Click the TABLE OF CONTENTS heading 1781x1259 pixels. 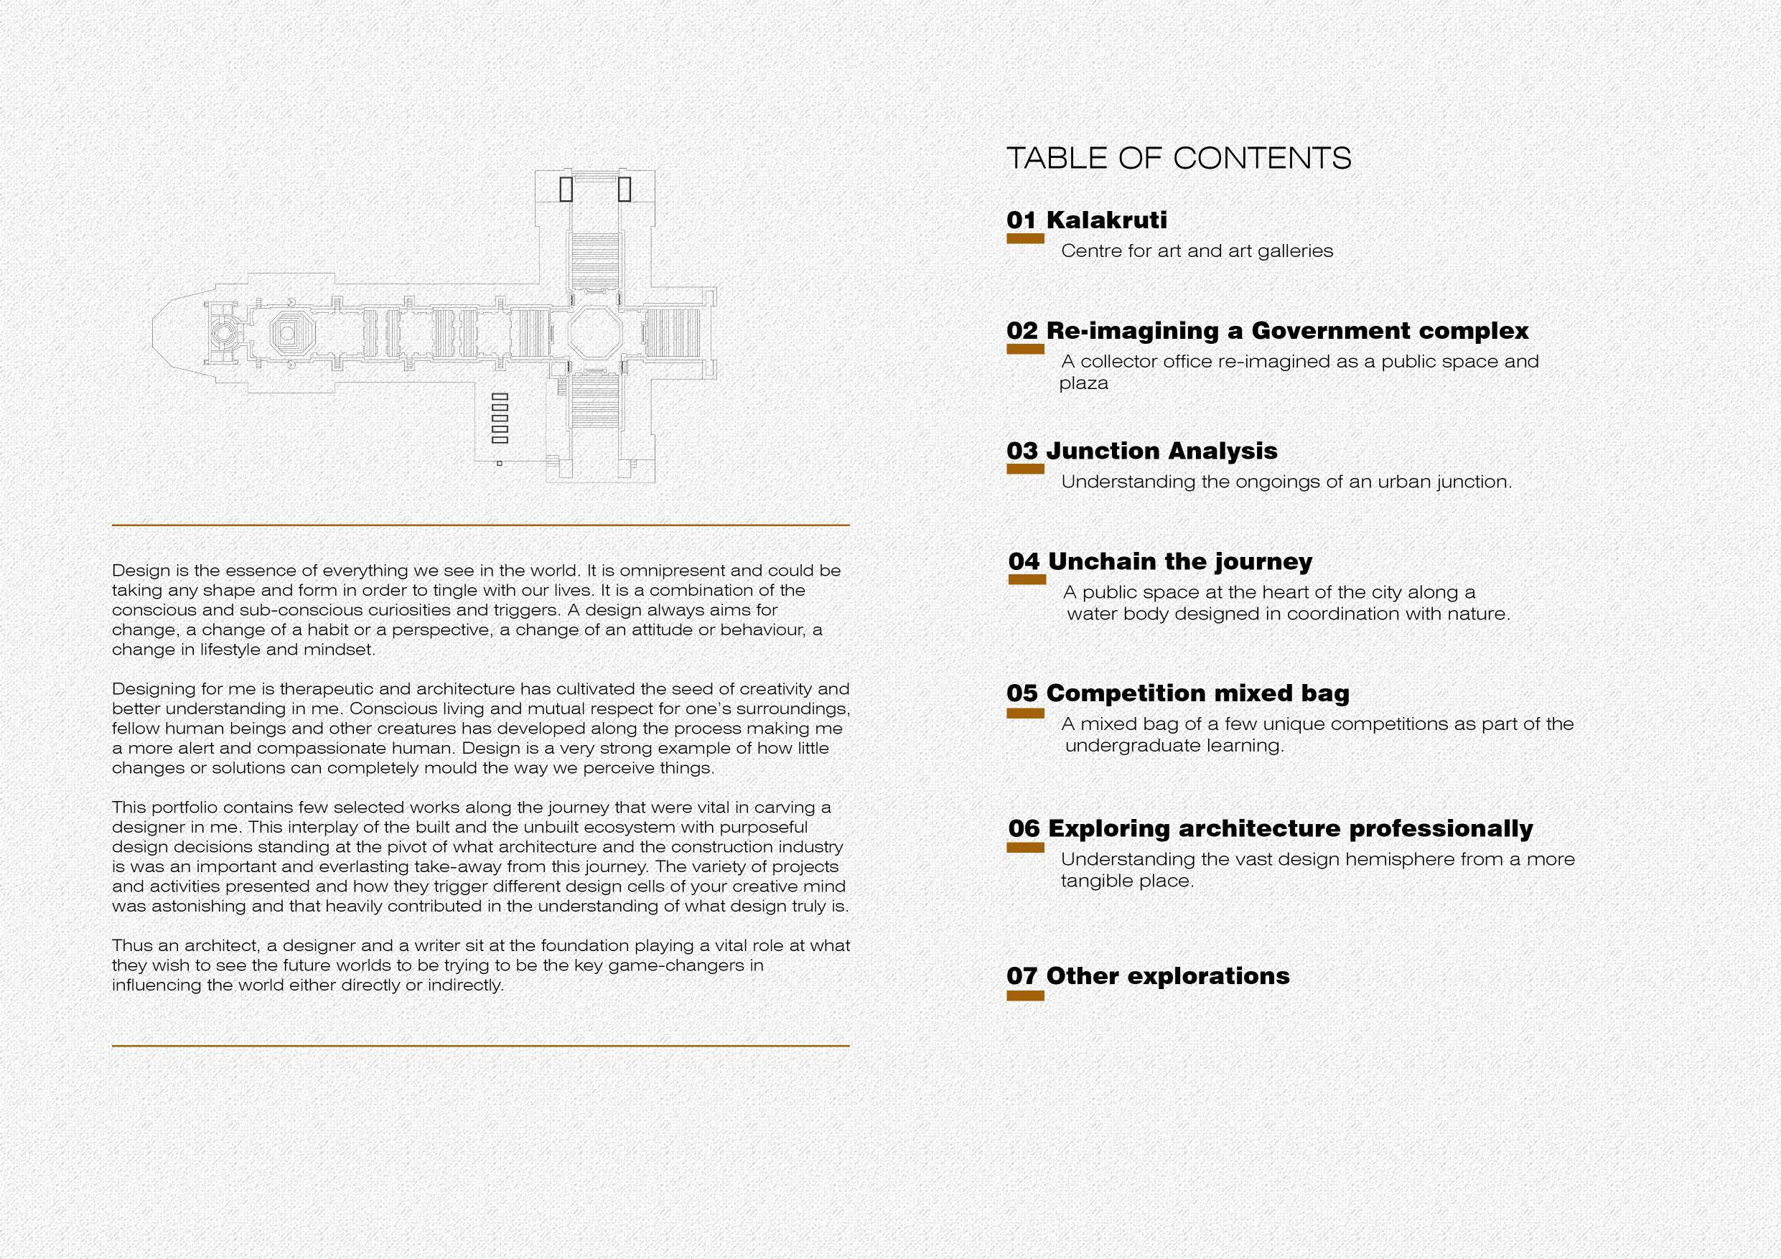pyautogui.click(x=1178, y=158)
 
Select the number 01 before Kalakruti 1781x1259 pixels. pyautogui.click(x=1022, y=220)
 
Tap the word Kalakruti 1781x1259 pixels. pyautogui.click(x=1106, y=220)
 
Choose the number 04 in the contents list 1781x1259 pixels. pyautogui.click(x=1024, y=561)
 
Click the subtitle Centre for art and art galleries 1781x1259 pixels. pyautogui.click(x=1196, y=251)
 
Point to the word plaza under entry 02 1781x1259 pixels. pyautogui.click(x=1084, y=383)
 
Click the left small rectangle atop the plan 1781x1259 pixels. pyautogui.click(x=566, y=189)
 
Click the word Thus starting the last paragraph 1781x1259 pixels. pyautogui.click(x=131, y=946)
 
